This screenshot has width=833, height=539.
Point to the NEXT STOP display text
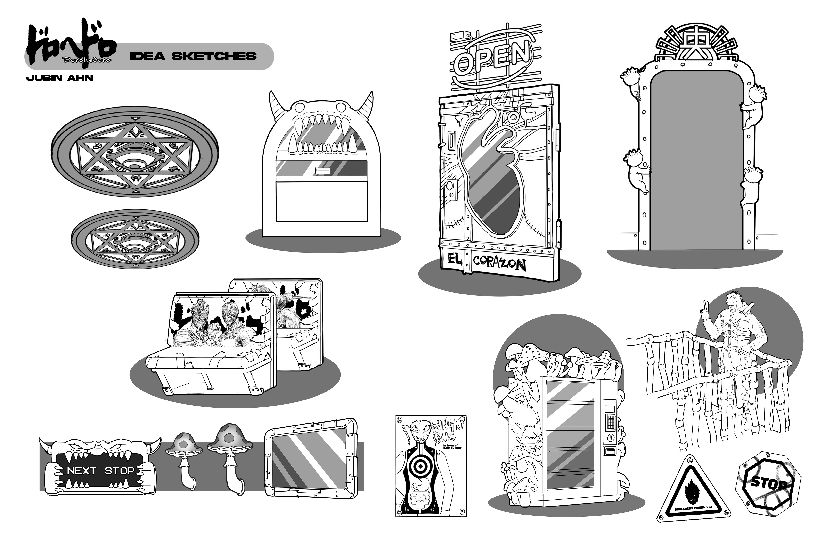pos(100,471)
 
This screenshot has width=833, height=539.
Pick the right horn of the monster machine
pos(367,105)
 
